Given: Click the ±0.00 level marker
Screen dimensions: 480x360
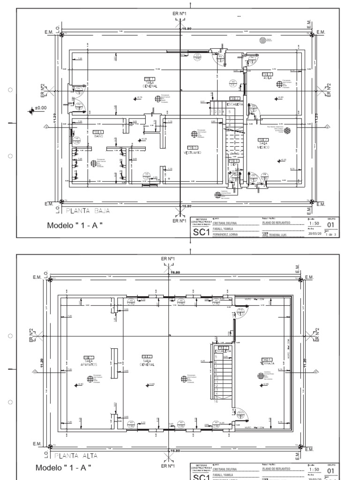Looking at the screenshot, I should pos(41,107).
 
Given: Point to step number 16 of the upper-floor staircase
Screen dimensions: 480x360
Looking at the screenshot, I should pos(217,402).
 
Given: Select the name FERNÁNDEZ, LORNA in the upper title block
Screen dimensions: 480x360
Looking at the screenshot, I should pos(228,234).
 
